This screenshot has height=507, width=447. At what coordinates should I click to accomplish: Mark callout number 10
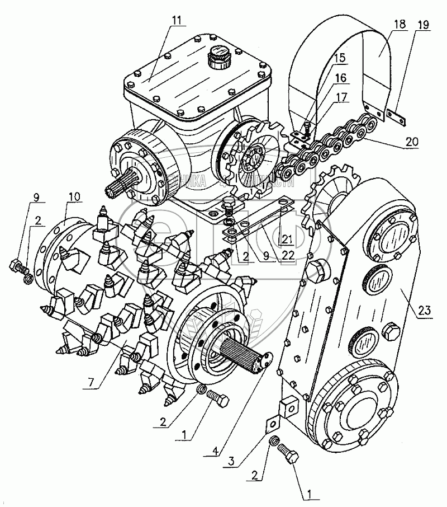point(75,196)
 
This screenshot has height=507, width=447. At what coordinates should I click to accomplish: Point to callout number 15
point(340,57)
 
